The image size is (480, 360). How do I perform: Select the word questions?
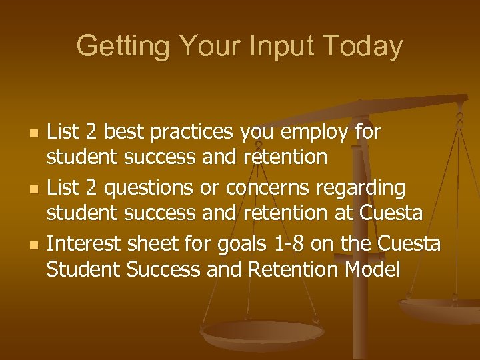pyautogui.click(x=141, y=189)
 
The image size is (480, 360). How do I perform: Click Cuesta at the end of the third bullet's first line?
pyautogui.click(x=409, y=245)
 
